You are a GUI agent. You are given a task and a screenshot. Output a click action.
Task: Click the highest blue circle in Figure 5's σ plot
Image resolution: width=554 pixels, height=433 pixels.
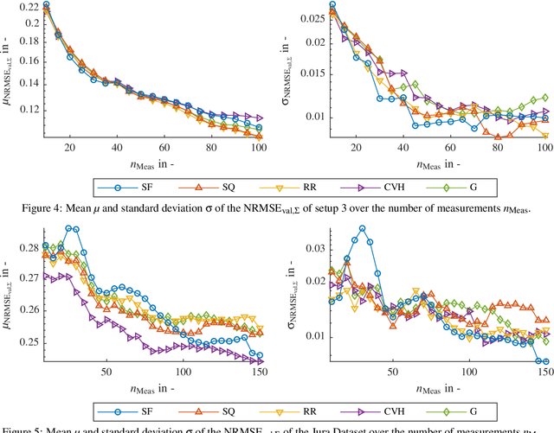[362, 229]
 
